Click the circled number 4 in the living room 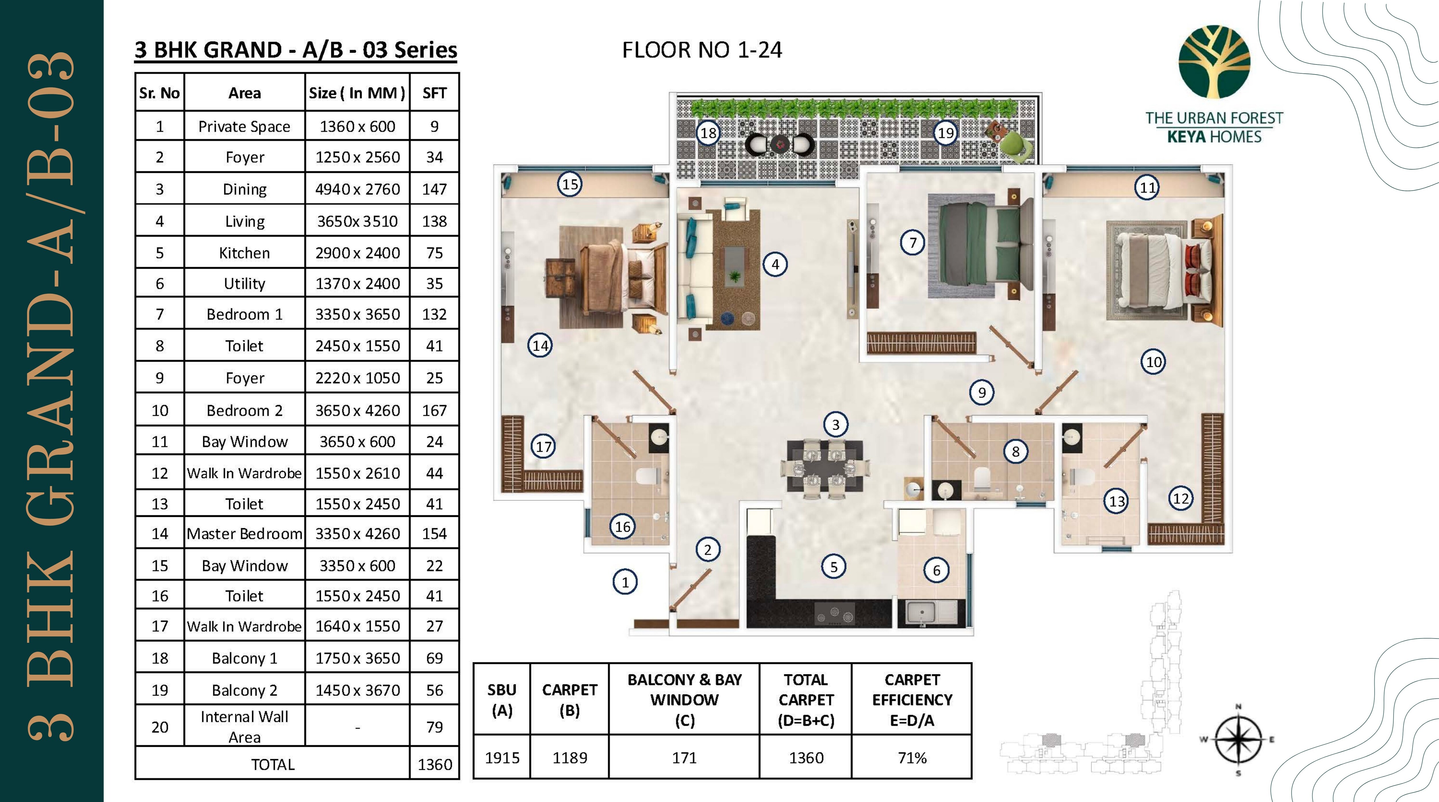click(775, 264)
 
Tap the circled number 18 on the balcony click(708, 133)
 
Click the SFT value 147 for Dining click(434, 189)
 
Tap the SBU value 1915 click(502, 758)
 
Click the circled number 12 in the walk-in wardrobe click(1180, 498)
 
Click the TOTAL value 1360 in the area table click(435, 765)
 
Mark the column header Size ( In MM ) click(357, 93)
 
